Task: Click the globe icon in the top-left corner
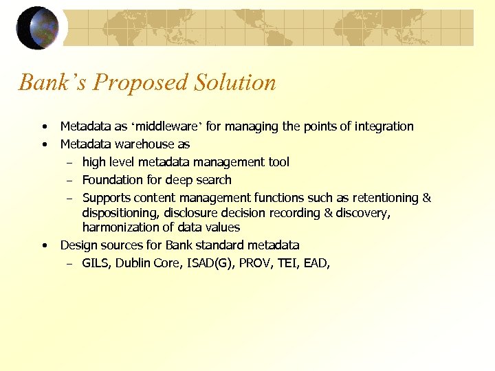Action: coord(37,27)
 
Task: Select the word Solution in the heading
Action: coord(235,82)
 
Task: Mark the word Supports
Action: coord(107,198)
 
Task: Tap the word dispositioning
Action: coord(120,213)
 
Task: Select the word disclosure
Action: coord(192,213)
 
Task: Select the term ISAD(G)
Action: coord(209,263)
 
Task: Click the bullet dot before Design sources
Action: coord(44,245)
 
